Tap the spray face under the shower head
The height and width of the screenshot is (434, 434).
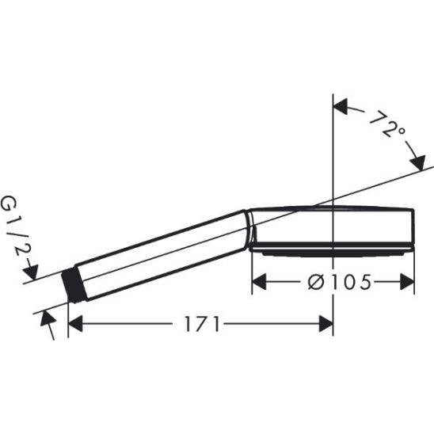(x=333, y=252)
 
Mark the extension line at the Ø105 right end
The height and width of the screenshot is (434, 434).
(x=414, y=269)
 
